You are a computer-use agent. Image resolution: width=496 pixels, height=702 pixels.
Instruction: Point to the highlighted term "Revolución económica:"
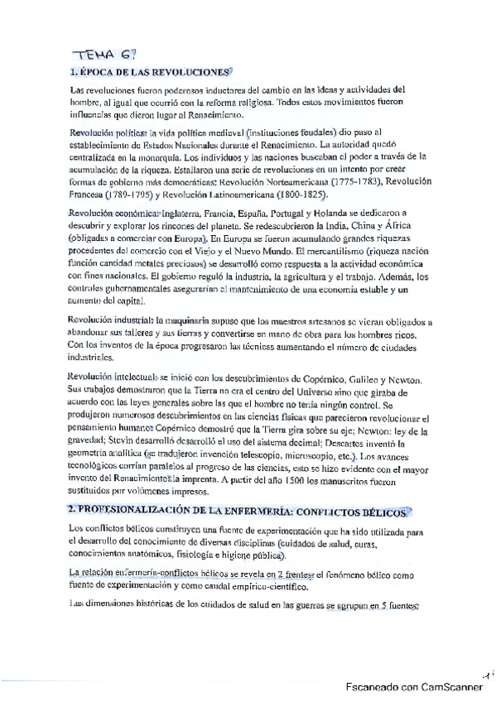pyautogui.click(x=113, y=213)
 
